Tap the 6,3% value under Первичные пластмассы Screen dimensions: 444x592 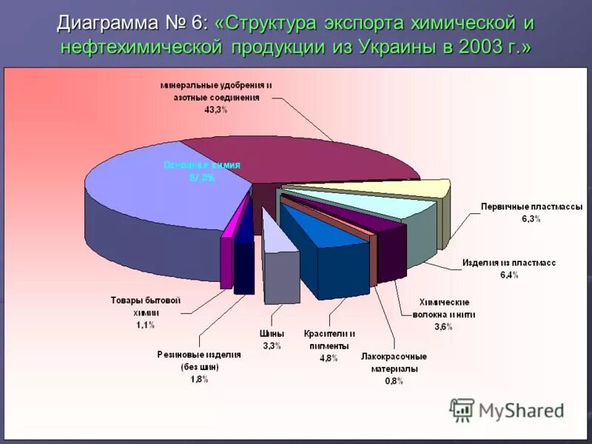pos(531,220)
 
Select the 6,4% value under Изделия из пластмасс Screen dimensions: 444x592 pos(508,275)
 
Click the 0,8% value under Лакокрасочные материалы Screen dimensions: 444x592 pos(394,381)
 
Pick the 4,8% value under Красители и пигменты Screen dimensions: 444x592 pos(329,358)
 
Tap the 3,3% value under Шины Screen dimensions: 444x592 pos(272,346)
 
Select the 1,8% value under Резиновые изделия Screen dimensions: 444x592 pos(198,379)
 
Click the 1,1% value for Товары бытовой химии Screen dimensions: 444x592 pos(145,325)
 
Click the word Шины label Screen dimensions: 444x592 pos(272,334)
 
